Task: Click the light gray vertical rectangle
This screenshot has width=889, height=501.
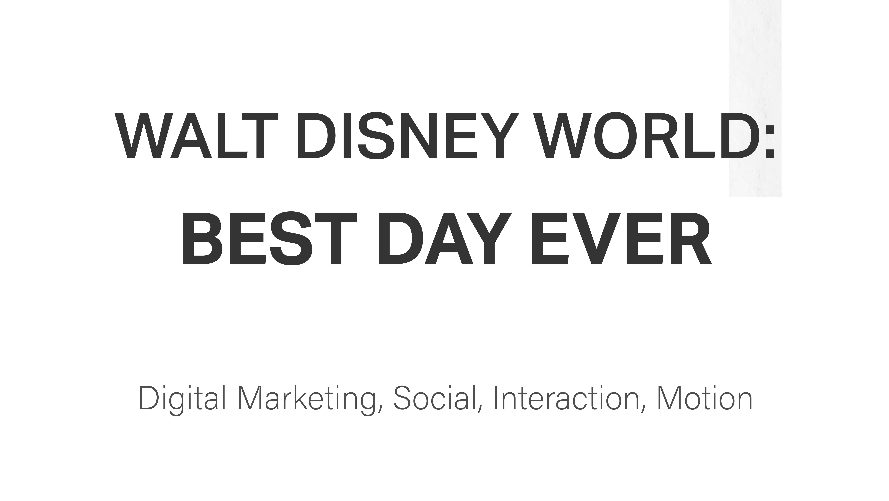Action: [x=755, y=98]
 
